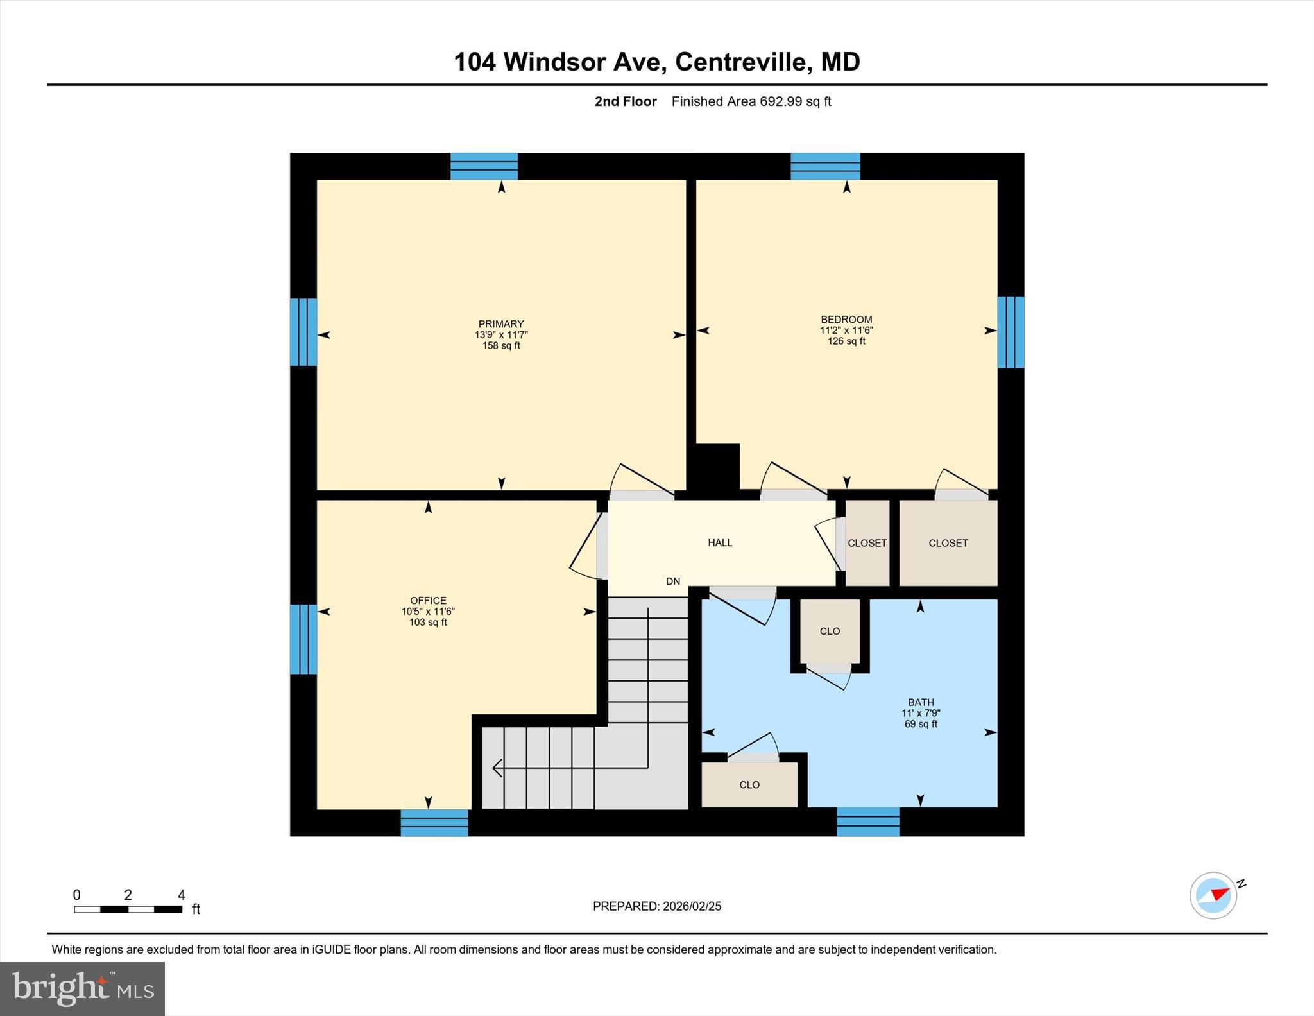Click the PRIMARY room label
500,324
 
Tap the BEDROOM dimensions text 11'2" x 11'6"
846,331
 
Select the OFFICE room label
428,601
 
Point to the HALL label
720,543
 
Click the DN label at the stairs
672,581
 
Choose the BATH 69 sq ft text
920,724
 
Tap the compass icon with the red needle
1213,895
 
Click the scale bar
128,909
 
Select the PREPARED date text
656,906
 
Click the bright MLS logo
82,988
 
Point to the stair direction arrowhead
497,767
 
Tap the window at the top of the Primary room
484,166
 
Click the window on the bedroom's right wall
1011,332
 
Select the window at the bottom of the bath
867,822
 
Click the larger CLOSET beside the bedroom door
948,543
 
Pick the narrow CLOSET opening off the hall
867,543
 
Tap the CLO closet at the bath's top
830,632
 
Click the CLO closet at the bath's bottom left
749,785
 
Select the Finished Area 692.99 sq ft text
751,101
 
